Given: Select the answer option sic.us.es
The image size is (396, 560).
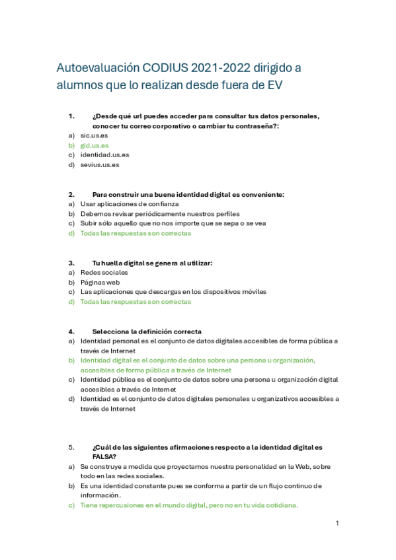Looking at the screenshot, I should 94,135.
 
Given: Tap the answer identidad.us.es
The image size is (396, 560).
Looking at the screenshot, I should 104,155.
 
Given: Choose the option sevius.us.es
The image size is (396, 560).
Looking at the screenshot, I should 100,164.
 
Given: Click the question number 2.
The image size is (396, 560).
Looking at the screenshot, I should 71,194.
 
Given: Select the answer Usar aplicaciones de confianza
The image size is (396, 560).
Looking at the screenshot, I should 125,204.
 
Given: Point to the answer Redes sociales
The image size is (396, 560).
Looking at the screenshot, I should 104,272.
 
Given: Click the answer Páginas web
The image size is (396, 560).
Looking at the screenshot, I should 100,282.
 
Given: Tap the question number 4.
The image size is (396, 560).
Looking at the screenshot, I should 71,331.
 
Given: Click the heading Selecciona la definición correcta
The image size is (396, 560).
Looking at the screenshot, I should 147,331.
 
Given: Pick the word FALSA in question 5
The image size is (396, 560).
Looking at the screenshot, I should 104,456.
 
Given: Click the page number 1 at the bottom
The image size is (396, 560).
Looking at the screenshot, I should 337,523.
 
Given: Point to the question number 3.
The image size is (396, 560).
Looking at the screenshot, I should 71,263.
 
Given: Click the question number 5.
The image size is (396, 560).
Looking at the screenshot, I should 71,447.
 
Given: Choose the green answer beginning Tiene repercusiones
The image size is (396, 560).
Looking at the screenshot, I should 189,505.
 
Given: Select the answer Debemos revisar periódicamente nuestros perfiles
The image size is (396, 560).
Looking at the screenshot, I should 159,214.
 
